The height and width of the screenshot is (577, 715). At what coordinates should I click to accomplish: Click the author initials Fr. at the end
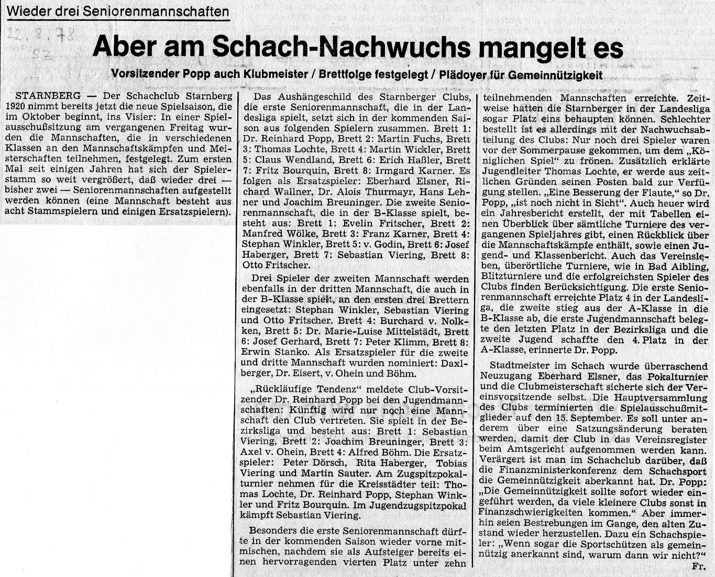point(697,566)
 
